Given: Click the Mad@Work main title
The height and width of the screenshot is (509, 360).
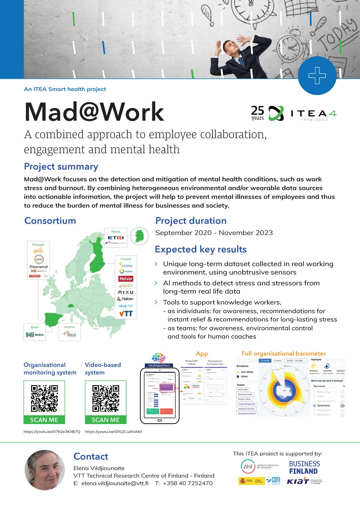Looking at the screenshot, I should pos(94,112).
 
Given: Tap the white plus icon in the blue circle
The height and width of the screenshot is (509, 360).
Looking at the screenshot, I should pos(317,76).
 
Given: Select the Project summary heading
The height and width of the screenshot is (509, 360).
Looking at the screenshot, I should pos(61,166).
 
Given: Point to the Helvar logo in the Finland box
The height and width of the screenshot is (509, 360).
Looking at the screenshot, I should pos(126,279).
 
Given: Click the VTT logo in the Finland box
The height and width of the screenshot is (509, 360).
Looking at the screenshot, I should pos(126,314).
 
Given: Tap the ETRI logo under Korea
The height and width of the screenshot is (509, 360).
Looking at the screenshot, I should pos(115,238).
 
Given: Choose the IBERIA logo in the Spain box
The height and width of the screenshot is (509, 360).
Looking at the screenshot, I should pos(35,335).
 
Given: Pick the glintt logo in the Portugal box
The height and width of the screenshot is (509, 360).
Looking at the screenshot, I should pos(38,250).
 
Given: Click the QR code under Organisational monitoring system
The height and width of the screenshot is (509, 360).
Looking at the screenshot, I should pos(44,399).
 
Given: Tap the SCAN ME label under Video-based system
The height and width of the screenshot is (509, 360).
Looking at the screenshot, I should pos(106,420).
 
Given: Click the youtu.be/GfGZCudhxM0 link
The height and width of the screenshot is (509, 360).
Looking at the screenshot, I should pos(113,432).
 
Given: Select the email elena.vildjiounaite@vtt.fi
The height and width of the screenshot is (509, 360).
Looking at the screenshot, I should pos(115,483).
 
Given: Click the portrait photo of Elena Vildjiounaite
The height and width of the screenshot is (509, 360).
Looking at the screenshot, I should pos(44,470).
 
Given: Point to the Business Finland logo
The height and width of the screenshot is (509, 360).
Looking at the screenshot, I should pos(304,467).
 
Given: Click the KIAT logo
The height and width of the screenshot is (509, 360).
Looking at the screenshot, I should pos(298,482).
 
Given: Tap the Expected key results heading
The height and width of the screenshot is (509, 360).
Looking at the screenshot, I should pos(200,249).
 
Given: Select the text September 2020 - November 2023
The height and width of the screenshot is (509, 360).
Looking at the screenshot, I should pos(214,233).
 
